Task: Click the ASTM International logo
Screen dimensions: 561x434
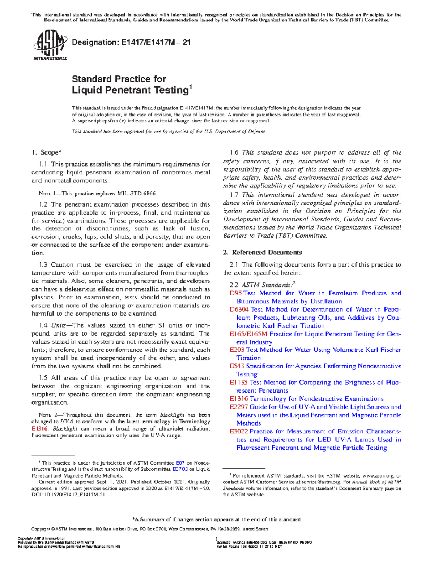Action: coord(50,46)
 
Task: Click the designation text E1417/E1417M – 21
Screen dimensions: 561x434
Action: coord(131,42)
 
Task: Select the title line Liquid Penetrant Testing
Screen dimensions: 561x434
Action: coord(131,90)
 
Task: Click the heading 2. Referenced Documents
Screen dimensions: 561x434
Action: coord(262,252)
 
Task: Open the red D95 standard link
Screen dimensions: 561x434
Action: coord(235,293)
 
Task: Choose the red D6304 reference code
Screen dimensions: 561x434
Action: coord(239,310)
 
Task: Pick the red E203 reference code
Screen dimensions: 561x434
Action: coord(237,350)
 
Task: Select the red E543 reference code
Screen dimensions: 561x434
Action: coord(237,366)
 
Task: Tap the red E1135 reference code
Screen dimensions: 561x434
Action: coord(239,383)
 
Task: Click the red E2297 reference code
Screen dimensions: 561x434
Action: coord(239,407)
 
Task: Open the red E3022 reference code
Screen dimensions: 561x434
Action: coord(239,432)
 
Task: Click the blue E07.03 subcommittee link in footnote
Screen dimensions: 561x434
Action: coord(180,469)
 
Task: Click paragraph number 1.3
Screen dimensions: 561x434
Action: coord(43,265)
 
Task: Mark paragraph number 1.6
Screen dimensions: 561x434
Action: coord(234,153)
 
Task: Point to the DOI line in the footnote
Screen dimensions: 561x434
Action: coord(69,495)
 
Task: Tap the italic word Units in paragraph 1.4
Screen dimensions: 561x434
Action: coord(58,325)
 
